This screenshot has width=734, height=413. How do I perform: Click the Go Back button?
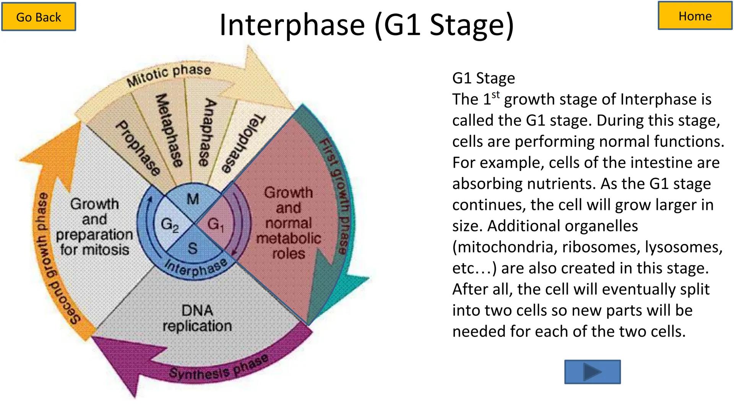pyautogui.click(x=39, y=17)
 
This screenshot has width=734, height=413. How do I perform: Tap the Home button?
pyautogui.click(x=695, y=16)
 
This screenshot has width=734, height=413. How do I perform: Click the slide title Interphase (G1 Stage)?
pyautogui.click(x=367, y=24)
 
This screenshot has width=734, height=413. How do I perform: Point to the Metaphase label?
pyautogui.click(x=169, y=130)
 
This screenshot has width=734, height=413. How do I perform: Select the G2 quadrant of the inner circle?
pyautogui.click(x=170, y=224)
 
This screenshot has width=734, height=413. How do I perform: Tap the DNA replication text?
pyautogui.click(x=197, y=318)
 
